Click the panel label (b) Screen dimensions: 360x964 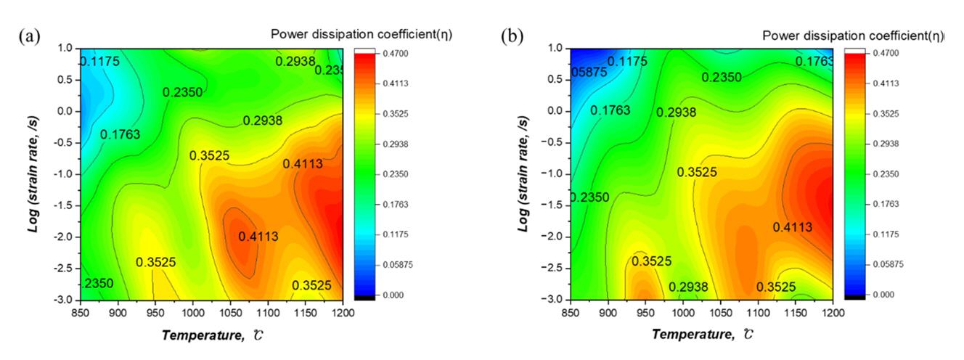coord(513,37)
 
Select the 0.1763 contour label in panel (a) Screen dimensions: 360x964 coord(120,134)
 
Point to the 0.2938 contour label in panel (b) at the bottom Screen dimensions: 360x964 coord(688,288)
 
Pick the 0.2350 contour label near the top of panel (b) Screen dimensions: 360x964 coord(722,78)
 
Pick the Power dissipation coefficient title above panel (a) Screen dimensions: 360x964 coord(361,34)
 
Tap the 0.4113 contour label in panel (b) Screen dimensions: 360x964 coord(792,227)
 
